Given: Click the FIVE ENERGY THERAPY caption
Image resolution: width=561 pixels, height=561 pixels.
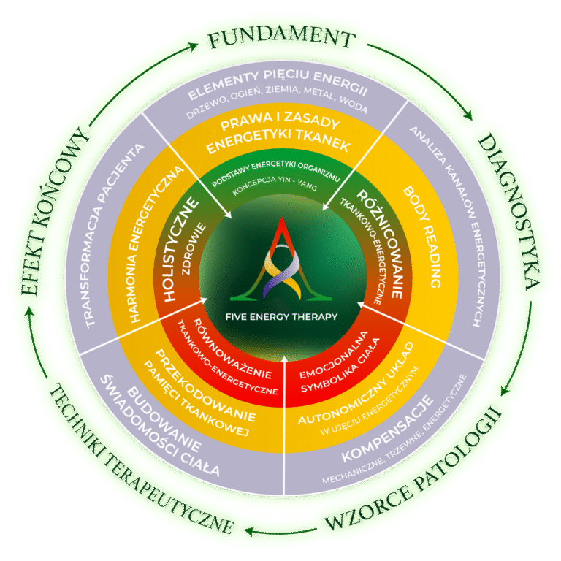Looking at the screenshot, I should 280,317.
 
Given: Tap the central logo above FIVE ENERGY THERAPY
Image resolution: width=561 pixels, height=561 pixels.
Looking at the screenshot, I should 280,260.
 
